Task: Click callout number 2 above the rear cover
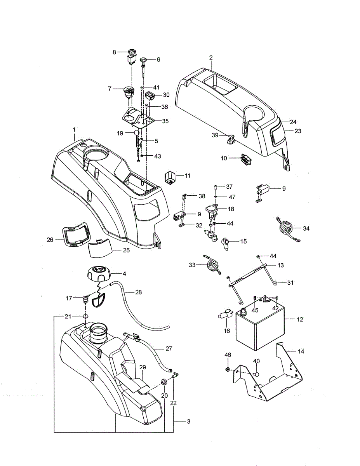[211, 57]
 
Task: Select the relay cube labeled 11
[170, 177]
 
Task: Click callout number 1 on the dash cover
[74, 128]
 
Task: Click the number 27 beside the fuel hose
[169, 348]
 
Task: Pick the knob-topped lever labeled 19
[136, 134]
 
